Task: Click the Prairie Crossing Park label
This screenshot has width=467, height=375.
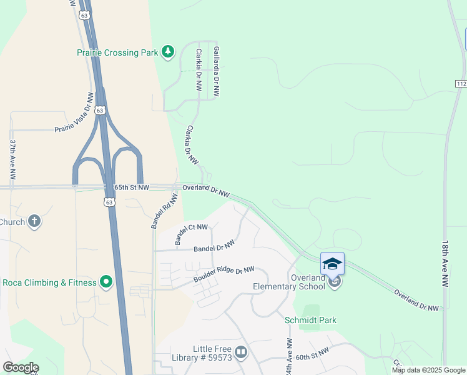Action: [117, 53]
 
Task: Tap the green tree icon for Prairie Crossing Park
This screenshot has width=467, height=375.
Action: [167, 52]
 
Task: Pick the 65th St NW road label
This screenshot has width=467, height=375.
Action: [132, 187]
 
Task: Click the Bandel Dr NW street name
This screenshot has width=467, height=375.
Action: [214, 248]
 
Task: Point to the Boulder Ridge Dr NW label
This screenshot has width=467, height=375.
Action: [224, 274]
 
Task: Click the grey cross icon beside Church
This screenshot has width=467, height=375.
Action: [34, 221]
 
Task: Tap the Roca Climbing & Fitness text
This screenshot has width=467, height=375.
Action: [49, 282]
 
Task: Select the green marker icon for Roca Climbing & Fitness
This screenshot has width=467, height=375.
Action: [106, 282]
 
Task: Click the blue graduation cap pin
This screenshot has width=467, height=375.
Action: [332, 264]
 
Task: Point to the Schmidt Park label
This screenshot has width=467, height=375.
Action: [310, 320]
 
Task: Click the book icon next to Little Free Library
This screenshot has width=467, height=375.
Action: [242, 353]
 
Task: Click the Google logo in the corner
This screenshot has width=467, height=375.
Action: [20, 367]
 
